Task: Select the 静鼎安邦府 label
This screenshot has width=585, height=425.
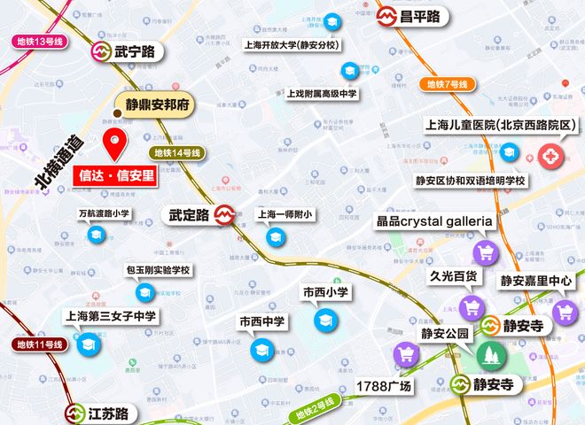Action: (158, 104)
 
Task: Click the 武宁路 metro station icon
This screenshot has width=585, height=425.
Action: (101, 52)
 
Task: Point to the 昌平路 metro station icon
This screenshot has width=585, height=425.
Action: (387, 16)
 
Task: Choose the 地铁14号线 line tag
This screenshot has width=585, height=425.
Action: (178, 152)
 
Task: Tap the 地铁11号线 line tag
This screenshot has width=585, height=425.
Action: (40, 344)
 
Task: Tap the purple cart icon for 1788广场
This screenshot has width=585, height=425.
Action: (406, 355)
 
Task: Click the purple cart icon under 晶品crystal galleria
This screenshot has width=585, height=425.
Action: (485, 253)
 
